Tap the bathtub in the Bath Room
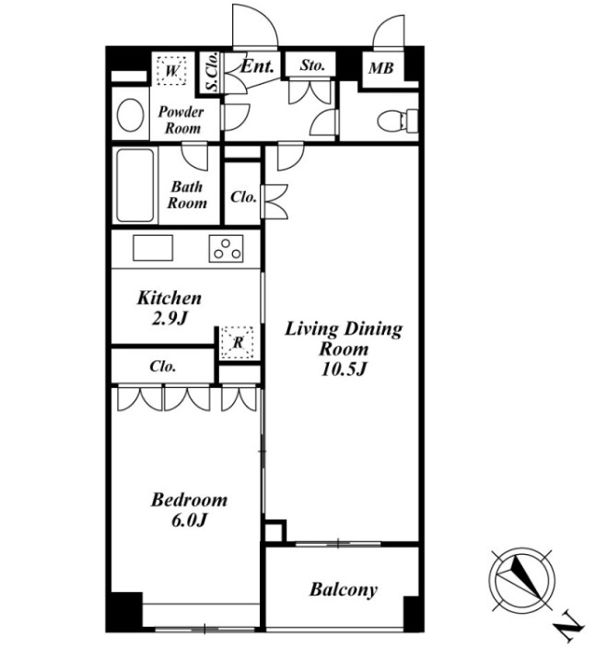[135, 185]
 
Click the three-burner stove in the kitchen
[226, 248]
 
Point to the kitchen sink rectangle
[153, 248]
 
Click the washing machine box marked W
[171, 70]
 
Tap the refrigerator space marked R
[237, 343]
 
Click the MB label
[381, 68]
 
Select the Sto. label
[312, 65]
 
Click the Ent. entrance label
[257, 66]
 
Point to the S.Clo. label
[212, 72]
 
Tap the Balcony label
[344, 589]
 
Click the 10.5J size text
[344, 369]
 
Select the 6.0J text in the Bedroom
[189, 520]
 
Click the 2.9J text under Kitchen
[170, 318]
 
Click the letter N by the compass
[570, 630]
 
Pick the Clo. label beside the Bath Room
[243, 197]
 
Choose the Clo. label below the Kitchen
[162, 367]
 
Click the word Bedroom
[189, 500]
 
